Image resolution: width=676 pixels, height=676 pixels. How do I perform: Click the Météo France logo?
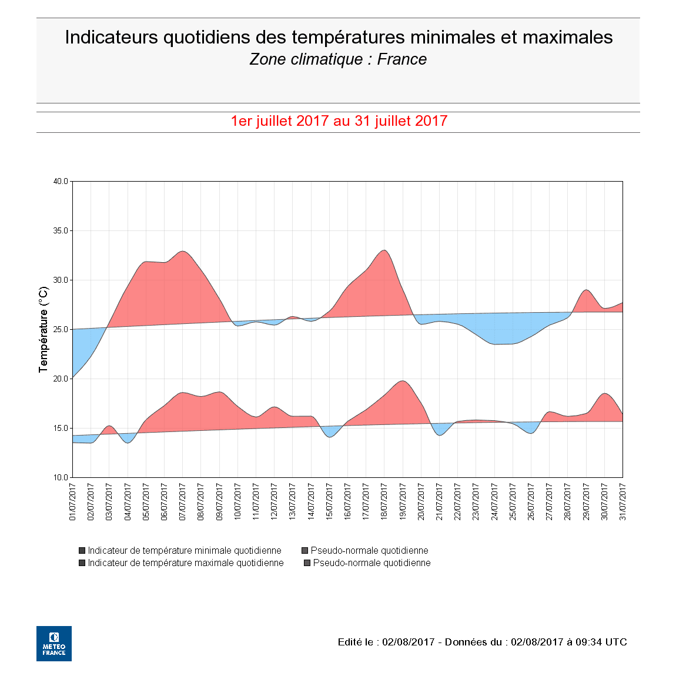(x=54, y=643)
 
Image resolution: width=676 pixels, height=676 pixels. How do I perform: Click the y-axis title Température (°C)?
(x=43, y=329)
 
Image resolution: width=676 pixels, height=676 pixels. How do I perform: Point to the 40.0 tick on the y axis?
(x=61, y=182)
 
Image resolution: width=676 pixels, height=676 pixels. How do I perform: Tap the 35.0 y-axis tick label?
(x=61, y=231)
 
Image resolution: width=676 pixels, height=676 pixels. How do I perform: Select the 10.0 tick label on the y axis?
(x=61, y=477)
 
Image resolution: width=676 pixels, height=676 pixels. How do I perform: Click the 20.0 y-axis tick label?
(x=61, y=379)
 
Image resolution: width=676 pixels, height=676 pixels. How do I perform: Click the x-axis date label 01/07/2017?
(x=73, y=501)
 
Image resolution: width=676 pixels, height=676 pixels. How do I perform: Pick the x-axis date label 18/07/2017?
(x=384, y=501)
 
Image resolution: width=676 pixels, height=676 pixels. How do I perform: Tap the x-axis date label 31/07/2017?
(x=623, y=501)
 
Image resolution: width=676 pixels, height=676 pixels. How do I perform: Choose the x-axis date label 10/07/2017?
(x=238, y=501)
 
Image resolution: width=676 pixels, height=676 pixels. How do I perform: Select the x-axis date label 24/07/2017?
(x=494, y=501)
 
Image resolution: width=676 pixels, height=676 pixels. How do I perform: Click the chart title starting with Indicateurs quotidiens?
(x=339, y=38)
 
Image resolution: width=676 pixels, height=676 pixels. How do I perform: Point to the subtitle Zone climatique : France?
(x=338, y=59)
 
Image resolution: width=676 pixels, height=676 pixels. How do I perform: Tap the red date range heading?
(x=339, y=121)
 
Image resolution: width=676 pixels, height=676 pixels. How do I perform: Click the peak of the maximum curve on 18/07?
(x=384, y=250)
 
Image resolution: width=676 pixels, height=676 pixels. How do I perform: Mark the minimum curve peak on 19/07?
(x=403, y=381)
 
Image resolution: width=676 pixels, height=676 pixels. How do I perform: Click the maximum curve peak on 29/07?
(x=586, y=290)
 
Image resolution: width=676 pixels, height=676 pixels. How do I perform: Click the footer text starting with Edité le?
(x=482, y=642)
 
